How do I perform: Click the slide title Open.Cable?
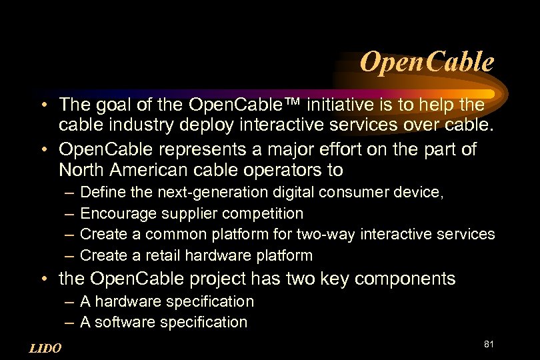[x=427, y=62]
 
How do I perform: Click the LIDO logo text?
[x=46, y=348]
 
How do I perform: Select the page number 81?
[x=488, y=344]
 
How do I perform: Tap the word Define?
[x=98, y=193]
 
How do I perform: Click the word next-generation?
[x=212, y=193]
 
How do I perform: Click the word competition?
[x=263, y=213]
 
